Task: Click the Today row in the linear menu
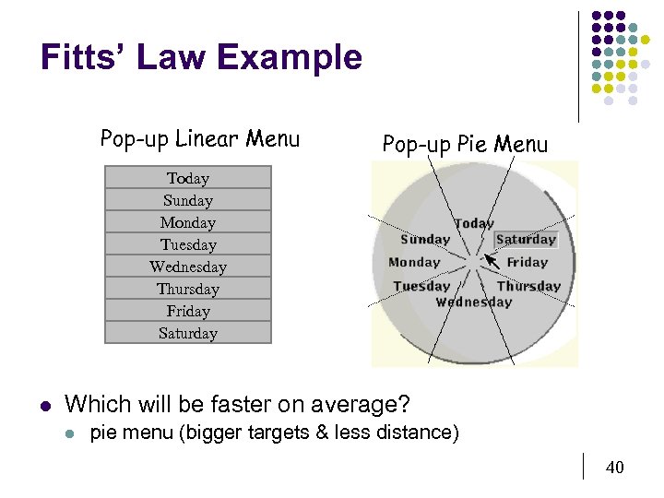[x=188, y=178]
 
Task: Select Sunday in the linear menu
[x=188, y=200]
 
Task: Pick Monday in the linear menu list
[x=188, y=222]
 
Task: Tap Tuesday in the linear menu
[x=188, y=244]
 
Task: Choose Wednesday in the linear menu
[x=188, y=267]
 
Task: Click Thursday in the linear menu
[x=188, y=289]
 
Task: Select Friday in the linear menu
[x=188, y=311]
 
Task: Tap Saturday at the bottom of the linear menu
[x=188, y=333]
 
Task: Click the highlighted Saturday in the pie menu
[x=526, y=240]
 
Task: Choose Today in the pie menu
[x=474, y=223]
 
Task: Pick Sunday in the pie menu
[x=425, y=240]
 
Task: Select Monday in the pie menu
[x=414, y=262]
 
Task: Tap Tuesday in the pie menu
[x=421, y=286]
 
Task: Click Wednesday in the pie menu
[x=473, y=302]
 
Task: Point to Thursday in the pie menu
[x=528, y=286]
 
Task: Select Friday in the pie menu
[x=527, y=262]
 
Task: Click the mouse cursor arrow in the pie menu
[x=492, y=261]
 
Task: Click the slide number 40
[x=614, y=468]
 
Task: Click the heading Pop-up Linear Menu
[x=200, y=139]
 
